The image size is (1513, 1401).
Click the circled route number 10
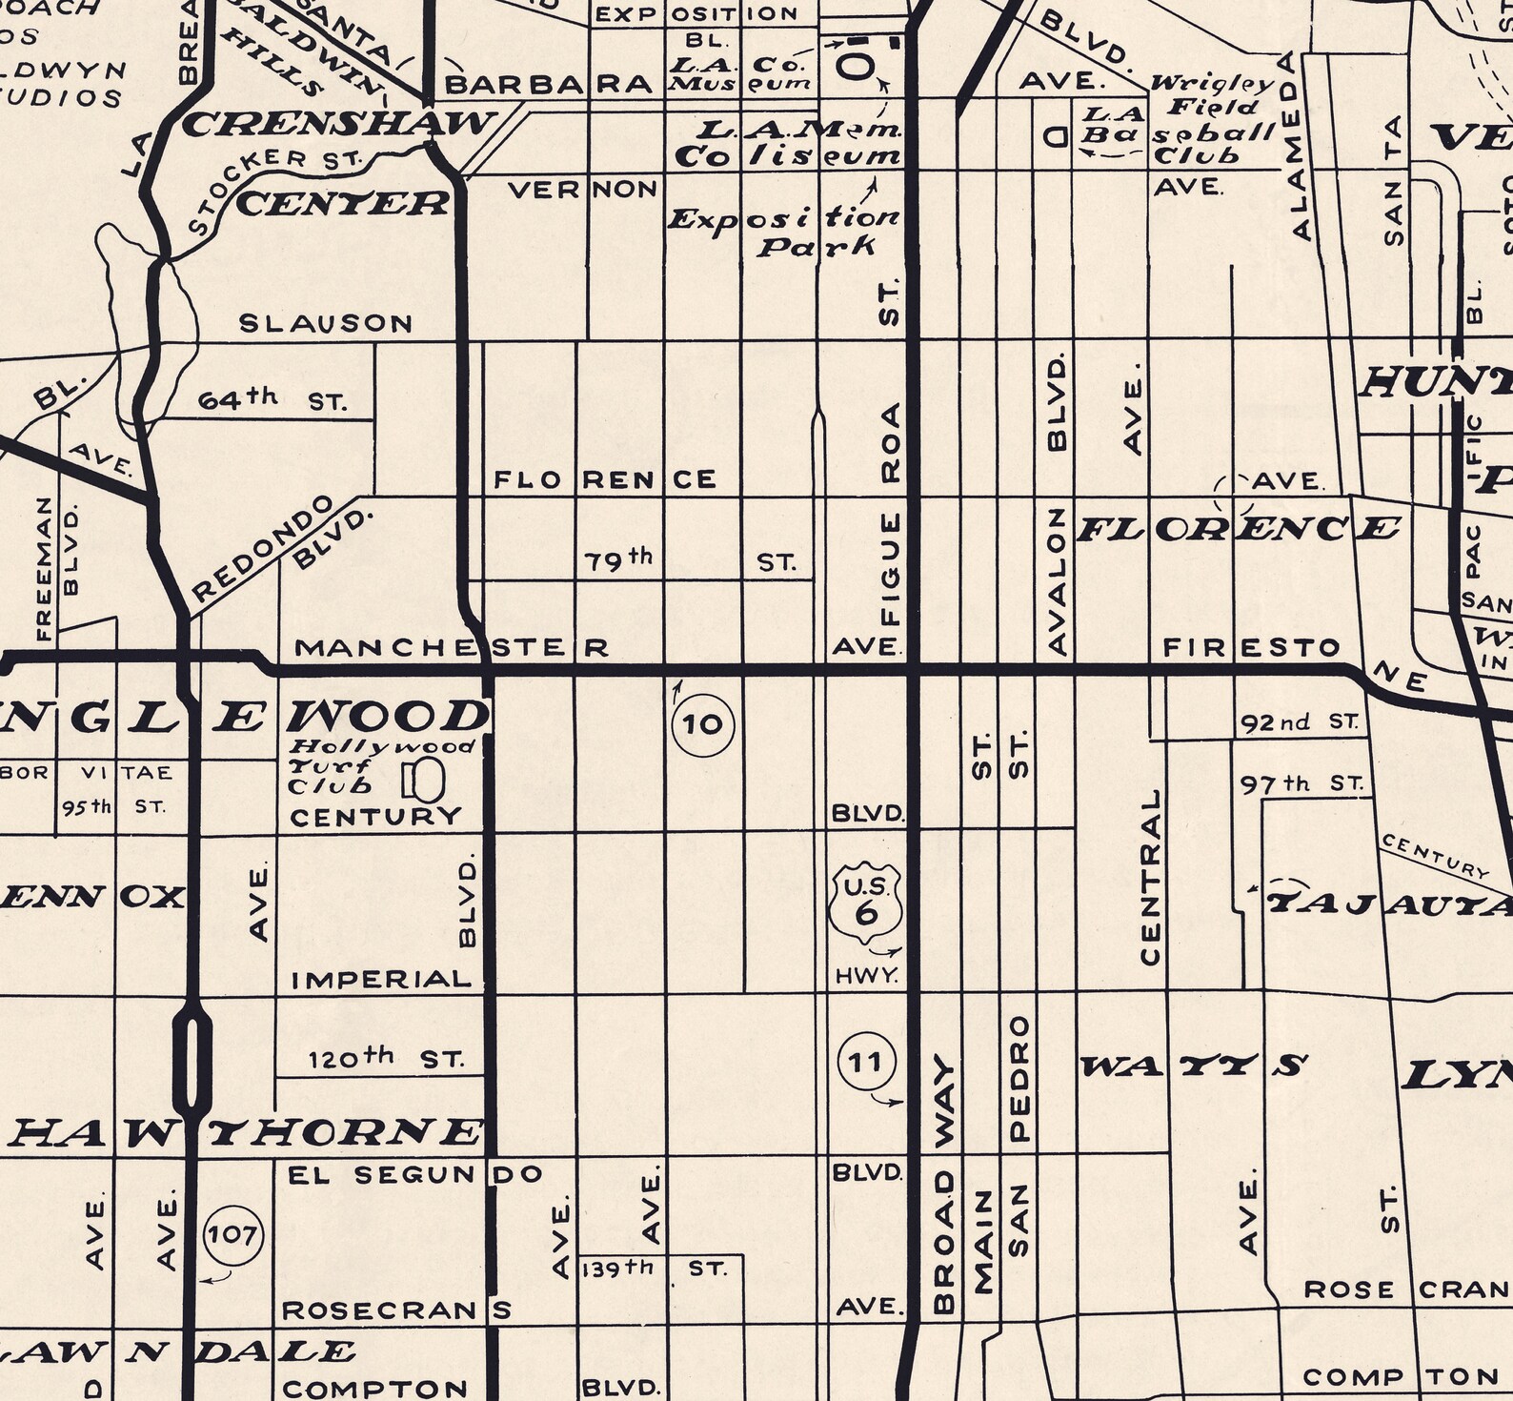pyautogui.click(x=704, y=725)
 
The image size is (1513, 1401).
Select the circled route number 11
pyautogui.click(x=866, y=1062)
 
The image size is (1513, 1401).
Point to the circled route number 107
pyautogui.click(x=233, y=1236)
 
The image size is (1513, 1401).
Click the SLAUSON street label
pyautogui.click(x=326, y=323)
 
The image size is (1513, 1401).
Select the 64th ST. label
pyautogui.click(x=272, y=400)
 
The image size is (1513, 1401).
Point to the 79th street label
pyautogui.click(x=618, y=560)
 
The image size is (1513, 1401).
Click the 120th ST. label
pyautogui.click(x=386, y=1058)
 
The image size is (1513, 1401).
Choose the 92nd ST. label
pyautogui.click(x=1299, y=722)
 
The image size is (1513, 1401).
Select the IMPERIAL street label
pyautogui.click(x=382, y=979)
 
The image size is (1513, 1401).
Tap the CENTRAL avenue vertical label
pyautogui.click(x=1151, y=877)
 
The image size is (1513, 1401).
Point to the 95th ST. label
pyautogui.click(x=112, y=807)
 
